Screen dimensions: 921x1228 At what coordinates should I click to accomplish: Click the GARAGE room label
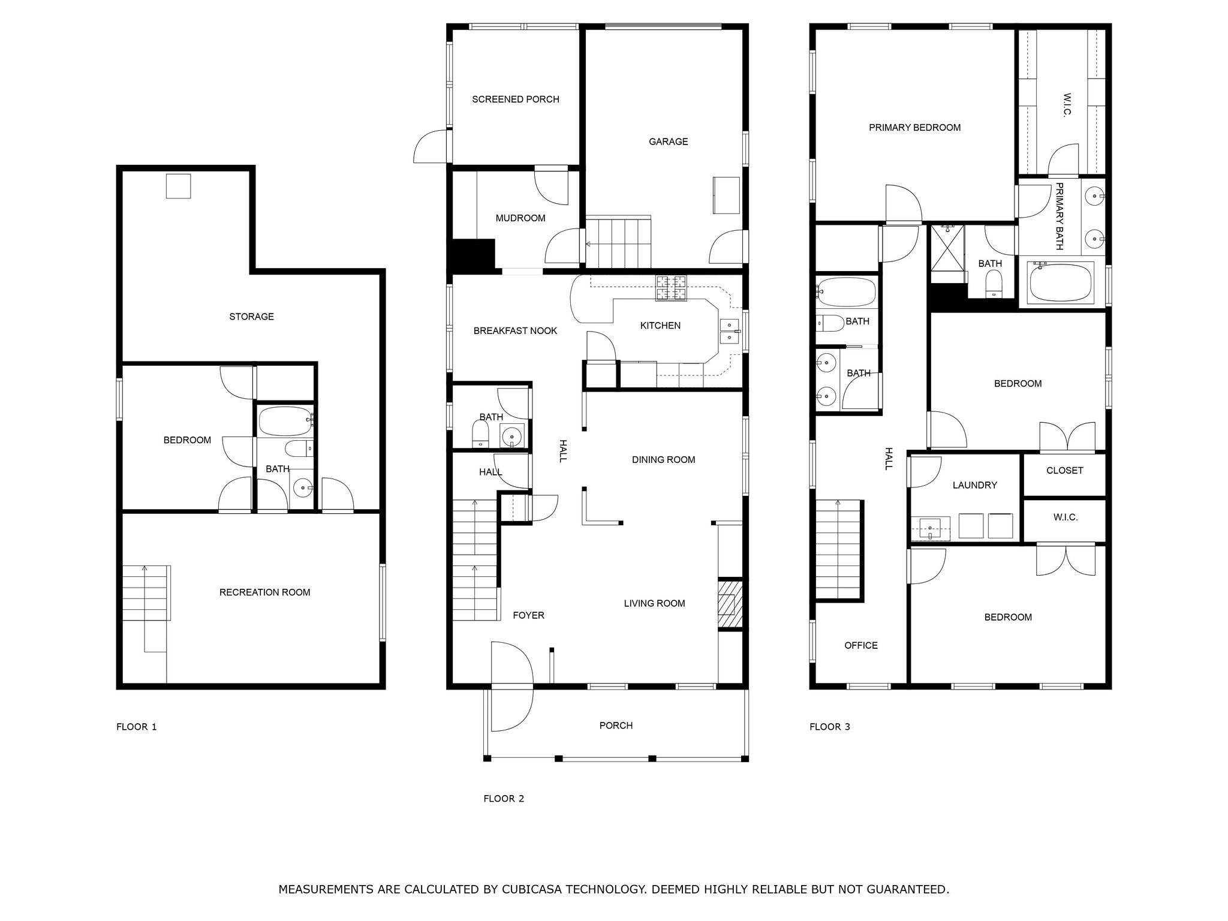coord(668,142)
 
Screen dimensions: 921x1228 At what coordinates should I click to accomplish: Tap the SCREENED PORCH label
coord(515,100)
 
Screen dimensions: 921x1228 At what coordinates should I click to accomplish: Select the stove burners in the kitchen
coord(671,288)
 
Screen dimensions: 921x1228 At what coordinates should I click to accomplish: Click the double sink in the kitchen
coord(729,332)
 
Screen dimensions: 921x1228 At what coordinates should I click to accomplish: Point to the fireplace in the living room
coord(730,604)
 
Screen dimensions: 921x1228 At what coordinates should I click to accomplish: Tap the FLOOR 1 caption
coord(136,727)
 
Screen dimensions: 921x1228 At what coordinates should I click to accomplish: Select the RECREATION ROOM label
coord(264,592)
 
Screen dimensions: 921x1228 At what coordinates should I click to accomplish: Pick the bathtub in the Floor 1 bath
coord(285,421)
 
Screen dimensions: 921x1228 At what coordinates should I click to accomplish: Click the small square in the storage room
coord(178,186)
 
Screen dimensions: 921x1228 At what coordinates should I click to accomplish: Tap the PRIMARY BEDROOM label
coord(914,128)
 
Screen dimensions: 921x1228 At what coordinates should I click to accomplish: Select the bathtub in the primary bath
coord(1060,283)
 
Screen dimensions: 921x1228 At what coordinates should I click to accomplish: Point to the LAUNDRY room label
coord(974,485)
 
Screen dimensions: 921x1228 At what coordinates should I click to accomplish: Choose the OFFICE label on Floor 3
coord(860,645)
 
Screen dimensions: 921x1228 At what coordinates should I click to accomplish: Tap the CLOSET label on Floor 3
coord(1064,471)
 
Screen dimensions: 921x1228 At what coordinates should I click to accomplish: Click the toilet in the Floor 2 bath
coord(480,434)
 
